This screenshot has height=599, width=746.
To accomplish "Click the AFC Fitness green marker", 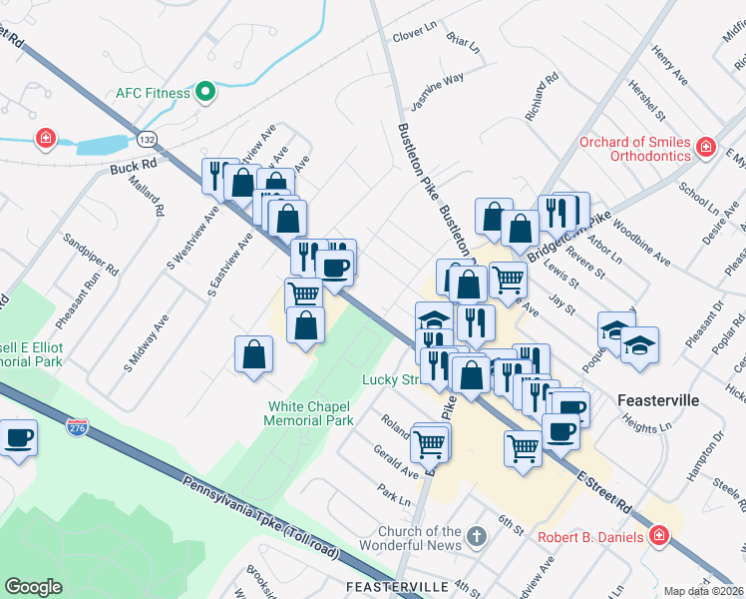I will coord(205,93).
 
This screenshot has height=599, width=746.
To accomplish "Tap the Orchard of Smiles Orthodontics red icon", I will coord(705,148).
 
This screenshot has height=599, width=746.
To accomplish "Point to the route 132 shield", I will coord(148,138).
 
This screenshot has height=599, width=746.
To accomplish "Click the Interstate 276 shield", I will coord(78,426).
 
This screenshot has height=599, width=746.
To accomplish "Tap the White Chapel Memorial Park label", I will coord(309,413).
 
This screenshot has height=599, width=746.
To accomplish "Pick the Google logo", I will coord(33,586).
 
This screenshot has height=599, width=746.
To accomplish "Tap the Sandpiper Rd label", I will coord(91,256).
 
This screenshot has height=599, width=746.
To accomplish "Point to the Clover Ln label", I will coord(416,36).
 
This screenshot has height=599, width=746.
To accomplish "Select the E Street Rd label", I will coord(604,493).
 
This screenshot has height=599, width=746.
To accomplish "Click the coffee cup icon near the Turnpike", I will coord(18,438).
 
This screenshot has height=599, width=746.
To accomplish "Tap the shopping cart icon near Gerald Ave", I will coord(430,442).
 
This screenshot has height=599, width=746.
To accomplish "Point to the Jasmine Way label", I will coord(438,92).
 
